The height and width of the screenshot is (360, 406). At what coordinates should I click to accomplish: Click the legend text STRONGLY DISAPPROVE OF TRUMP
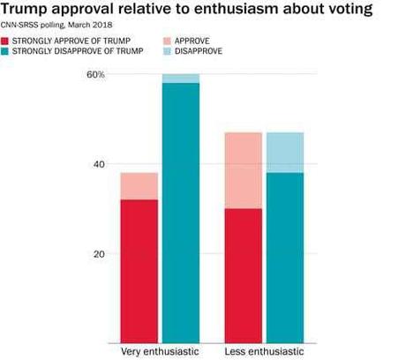[x=77, y=53]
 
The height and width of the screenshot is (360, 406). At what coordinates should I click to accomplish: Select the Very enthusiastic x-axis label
[x=160, y=352]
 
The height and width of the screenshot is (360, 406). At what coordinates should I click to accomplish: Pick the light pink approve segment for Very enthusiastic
[x=139, y=186]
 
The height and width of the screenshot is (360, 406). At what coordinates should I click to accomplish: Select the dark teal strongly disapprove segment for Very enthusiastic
[x=180, y=212]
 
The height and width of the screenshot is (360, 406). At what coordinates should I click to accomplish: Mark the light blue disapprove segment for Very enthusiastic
[x=180, y=79]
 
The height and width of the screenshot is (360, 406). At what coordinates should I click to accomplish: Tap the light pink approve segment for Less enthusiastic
[x=243, y=170]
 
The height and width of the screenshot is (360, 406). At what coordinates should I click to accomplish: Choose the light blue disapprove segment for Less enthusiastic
[x=284, y=153]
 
